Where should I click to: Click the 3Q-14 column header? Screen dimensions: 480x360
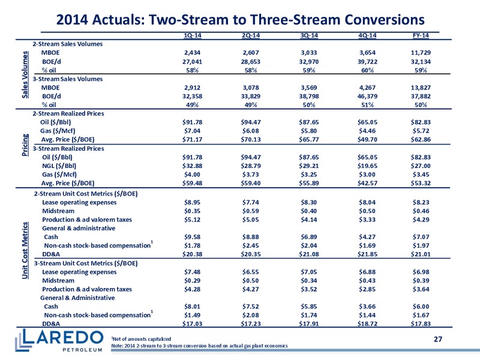309,35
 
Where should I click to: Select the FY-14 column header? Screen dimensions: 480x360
421,35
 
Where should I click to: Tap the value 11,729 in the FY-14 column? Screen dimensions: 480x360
421,53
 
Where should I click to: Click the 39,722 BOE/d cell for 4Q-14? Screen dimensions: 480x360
367,62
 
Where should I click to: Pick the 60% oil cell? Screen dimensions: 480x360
367,70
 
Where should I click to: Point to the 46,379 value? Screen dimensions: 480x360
367,96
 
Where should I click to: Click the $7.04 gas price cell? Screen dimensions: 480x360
192,131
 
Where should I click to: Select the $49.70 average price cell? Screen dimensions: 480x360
367,139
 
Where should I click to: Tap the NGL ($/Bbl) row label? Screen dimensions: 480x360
59,166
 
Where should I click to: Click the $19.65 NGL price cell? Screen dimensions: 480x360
367,166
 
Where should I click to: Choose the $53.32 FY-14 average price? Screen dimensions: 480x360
421,183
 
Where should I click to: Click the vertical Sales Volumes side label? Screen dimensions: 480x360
25,74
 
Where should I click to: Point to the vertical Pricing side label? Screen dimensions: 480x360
25,145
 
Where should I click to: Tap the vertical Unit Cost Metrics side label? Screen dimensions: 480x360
25,250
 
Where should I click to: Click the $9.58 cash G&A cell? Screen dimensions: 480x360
192,236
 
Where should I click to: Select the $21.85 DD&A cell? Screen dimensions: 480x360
367,254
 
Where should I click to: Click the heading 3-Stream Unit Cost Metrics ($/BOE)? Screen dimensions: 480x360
86,263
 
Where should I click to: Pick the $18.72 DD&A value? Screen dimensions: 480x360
367,323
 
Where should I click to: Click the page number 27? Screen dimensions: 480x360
438,339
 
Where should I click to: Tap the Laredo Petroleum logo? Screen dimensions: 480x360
59,340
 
